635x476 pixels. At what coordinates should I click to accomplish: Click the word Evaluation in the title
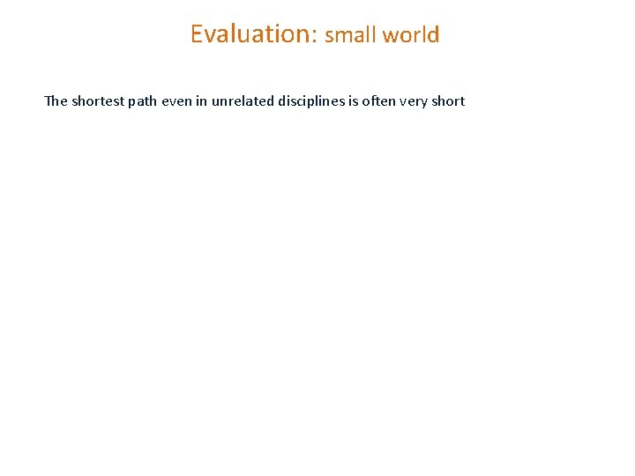tap(251, 33)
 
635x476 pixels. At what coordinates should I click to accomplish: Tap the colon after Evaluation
tap(315, 35)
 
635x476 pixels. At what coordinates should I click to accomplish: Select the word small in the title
tap(350, 35)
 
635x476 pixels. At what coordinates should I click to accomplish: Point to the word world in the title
tap(411, 35)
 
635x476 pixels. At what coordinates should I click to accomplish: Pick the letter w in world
tap(392, 36)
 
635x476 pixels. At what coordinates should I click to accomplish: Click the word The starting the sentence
tap(55, 100)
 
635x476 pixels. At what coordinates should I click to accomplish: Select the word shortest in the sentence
tap(96, 100)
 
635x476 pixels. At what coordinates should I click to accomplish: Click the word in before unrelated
tap(203, 100)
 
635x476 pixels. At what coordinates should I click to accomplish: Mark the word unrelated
tap(242, 100)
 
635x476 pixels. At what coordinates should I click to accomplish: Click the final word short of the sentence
tap(449, 100)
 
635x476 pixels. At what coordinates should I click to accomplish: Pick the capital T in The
tap(49, 100)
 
